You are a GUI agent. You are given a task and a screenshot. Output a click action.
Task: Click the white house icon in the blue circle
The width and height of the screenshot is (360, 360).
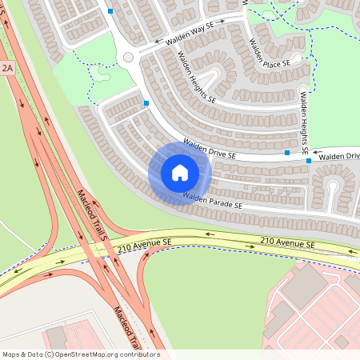click(x=179, y=173)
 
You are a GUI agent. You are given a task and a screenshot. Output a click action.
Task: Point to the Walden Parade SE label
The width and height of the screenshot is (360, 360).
click(x=211, y=201)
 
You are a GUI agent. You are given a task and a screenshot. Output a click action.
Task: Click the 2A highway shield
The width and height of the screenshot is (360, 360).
click(x=8, y=69)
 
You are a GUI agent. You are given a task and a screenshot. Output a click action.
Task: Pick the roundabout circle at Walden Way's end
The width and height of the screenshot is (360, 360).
click(x=128, y=57)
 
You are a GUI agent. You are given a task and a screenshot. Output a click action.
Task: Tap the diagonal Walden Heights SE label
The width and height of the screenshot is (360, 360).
click(x=196, y=78)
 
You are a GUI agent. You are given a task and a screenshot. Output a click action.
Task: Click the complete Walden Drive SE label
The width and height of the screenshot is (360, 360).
click(x=209, y=148)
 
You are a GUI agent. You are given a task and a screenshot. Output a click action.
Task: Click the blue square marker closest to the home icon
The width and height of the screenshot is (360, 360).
click(x=146, y=103)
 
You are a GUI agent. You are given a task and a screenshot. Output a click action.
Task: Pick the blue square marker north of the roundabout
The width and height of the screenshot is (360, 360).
click(x=110, y=11)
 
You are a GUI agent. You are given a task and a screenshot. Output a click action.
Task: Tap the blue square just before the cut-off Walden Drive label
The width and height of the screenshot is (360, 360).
click(x=309, y=160)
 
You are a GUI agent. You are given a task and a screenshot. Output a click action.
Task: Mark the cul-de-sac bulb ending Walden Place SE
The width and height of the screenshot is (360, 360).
click(x=297, y=58)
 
